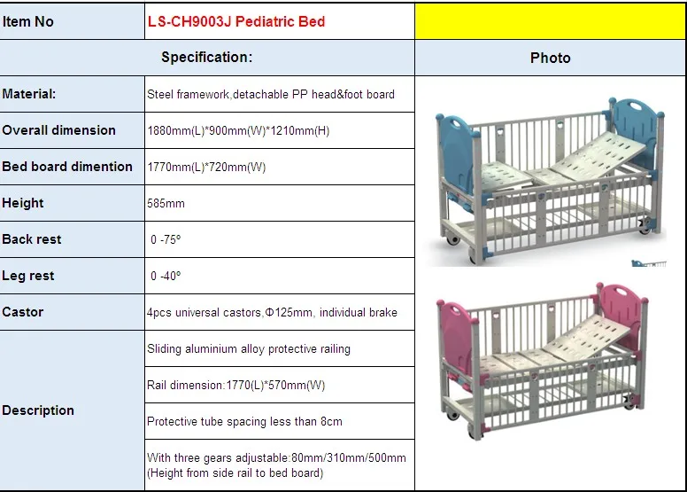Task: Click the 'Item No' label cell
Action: tap(28, 21)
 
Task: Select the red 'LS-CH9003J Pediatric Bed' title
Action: tap(236, 21)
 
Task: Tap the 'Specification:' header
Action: tap(207, 58)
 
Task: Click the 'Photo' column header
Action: tap(550, 58)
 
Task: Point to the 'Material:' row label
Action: tap(29, 94)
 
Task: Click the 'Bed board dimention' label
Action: tap(67, 167)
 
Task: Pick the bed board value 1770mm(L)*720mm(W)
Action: tap(206, 167)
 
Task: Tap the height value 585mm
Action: tap(166, 203)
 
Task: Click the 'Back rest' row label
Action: tap(32, 239)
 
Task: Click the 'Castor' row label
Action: tap(23, 312)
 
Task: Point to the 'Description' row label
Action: tap(38, 410)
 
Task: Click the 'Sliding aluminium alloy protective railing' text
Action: tap(249, 348)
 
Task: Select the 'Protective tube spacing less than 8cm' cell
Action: tap(244, 421)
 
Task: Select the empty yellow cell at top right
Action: tap(550, 21)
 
